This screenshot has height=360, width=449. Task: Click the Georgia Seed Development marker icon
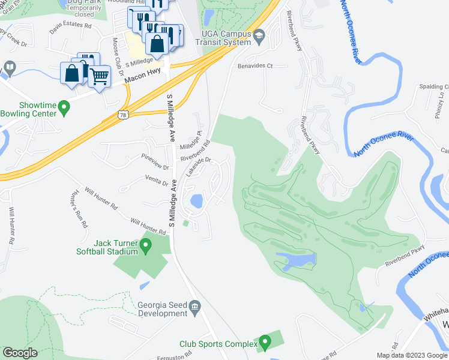pos(195,309)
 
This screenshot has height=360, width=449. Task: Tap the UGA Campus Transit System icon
pos(259,37)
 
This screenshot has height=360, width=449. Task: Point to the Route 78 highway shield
pos(122,115)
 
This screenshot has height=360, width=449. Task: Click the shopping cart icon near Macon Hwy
pos(100,76)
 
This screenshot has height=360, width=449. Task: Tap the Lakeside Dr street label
pos(199,166)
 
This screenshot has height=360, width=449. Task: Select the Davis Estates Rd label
pos(71,26)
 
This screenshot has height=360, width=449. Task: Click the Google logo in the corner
pos(20,353)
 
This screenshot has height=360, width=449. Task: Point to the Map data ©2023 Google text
pos(412,355)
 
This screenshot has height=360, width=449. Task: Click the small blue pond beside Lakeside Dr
pos(196,200)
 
